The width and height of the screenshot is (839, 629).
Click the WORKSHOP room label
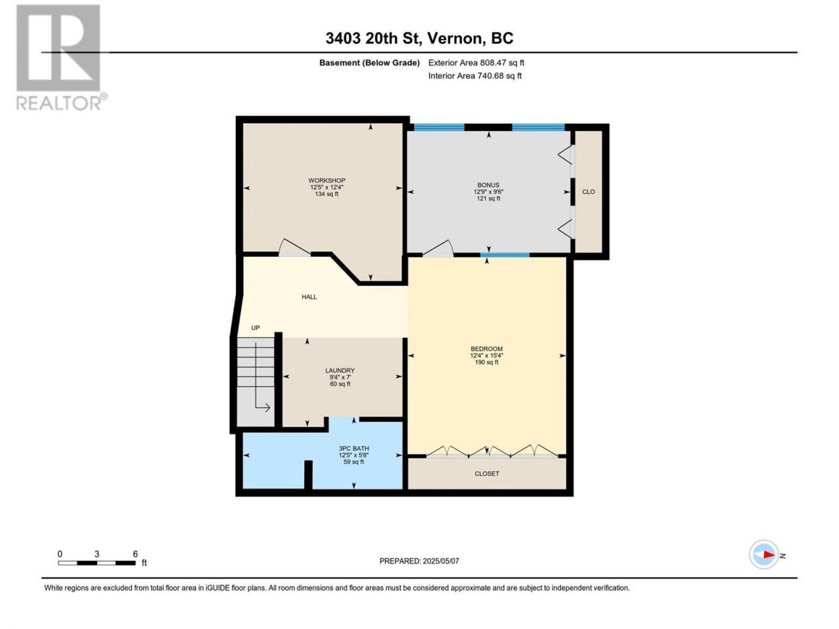point(326,180)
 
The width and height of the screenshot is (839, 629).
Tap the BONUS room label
point(488,185)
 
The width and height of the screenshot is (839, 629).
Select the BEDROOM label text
point(486,349)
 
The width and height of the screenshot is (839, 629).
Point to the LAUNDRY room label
point(340,370)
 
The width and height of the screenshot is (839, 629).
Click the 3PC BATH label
point(353,448)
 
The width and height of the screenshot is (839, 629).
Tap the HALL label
point(309,297)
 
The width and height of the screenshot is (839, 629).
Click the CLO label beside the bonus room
point(588,192)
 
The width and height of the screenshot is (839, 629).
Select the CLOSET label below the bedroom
point(486,474)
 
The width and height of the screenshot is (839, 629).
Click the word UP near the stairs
point(256,328)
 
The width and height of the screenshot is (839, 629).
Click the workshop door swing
point(294,248)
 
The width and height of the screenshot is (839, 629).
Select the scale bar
point(97,563)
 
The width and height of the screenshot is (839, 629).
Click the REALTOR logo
point(61,58)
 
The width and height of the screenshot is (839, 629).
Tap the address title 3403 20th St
point(372,39)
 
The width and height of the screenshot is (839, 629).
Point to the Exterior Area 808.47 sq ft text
point(477,63)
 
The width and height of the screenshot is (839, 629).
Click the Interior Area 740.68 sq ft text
point(475,75)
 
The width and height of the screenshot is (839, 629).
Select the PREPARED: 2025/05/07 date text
point(419,561)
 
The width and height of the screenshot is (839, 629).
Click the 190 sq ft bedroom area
point(486,362)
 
